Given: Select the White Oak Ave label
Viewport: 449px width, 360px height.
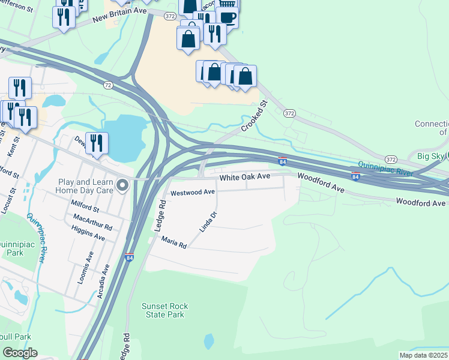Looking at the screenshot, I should (245, 178).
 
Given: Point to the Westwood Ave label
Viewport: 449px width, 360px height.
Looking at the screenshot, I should (193, 193).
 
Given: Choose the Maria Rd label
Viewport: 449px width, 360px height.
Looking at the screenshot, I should (174, 242).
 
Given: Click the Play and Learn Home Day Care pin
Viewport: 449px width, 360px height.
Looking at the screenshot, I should (123, 185).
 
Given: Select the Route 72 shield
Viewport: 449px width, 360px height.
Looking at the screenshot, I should (107, 85).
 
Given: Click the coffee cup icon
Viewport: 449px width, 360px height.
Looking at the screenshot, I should (227, 17).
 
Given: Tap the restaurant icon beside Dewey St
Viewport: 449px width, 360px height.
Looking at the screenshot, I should (97, 143).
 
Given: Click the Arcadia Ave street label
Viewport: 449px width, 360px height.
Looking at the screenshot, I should (103, 281).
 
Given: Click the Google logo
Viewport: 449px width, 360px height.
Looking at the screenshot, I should (19, 353).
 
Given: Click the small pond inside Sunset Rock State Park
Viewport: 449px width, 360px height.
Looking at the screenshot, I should (208, 341).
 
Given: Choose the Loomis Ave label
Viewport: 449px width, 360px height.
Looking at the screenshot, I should (88, 263).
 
